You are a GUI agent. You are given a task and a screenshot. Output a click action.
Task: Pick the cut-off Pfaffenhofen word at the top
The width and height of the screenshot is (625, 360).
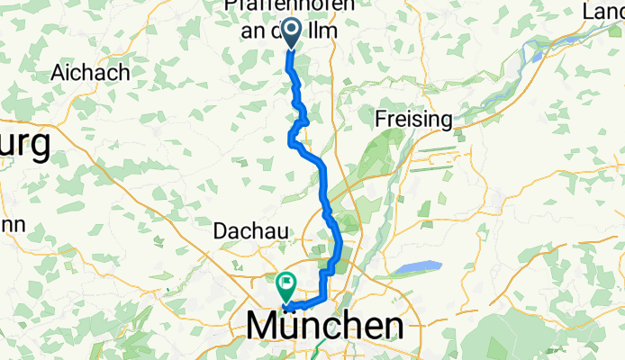291,6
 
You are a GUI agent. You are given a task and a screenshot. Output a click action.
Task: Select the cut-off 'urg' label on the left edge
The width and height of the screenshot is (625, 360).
24,146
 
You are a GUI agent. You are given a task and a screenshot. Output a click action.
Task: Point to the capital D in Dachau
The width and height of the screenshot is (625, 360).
221,231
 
